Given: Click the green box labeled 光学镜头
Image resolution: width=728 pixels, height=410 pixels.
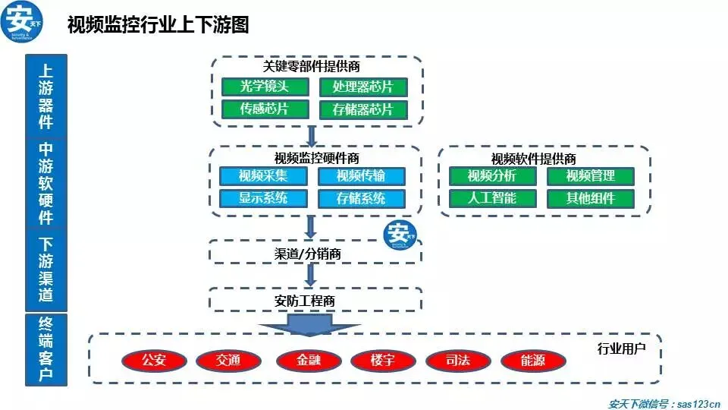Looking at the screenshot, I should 265,87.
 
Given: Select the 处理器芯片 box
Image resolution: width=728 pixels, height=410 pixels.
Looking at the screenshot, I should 362,87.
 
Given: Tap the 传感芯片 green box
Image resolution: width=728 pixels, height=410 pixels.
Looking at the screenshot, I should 265,109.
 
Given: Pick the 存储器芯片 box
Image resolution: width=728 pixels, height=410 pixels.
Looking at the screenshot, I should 362,109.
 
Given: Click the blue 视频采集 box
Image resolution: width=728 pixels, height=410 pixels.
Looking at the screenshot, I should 263,176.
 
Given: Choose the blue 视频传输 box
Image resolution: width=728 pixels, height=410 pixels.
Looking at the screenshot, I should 361,176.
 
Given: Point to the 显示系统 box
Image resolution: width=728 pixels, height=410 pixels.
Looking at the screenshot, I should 263,199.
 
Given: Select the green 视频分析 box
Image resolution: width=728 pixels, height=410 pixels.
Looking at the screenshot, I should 492,176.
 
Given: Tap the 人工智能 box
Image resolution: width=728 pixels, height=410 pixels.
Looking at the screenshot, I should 492,199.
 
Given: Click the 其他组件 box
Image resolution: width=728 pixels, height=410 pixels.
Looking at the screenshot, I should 590,199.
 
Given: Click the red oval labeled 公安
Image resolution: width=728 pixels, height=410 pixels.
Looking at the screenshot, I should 154,360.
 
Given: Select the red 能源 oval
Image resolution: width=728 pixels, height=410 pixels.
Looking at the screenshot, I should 534,360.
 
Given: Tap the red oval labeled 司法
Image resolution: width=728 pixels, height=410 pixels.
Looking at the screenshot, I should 458,360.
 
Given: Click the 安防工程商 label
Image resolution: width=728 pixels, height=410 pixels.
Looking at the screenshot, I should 304,301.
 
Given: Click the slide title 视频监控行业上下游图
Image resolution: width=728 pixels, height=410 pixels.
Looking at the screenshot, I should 158,25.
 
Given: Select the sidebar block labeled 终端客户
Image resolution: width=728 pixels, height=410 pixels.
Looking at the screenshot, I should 46,349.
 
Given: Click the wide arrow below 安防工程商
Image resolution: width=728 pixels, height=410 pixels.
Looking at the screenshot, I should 309,325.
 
